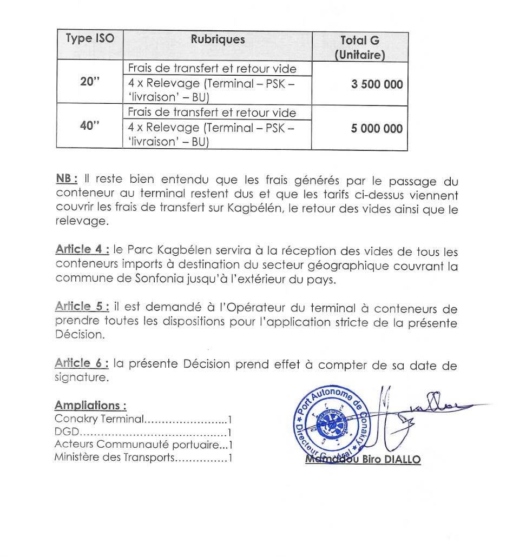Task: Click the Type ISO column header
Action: pos(90,39)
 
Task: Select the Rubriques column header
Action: pos(218,39)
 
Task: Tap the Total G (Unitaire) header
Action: pos(359,47)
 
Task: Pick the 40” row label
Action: pos(90,127)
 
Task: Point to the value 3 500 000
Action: pos(377,84)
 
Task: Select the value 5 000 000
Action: pos(377,129)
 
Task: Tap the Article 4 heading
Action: pos(82,250)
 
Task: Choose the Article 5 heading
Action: pos(82,307)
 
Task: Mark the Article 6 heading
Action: pos(82,364)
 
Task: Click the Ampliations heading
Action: pos(90,406)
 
